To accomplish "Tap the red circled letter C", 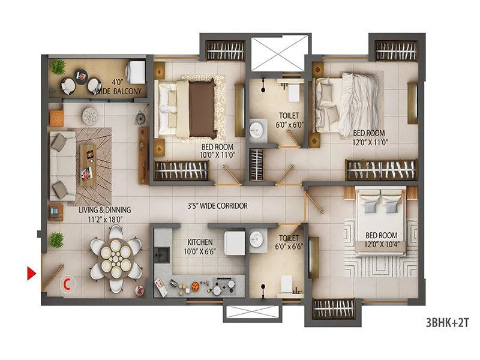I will pos(69,281).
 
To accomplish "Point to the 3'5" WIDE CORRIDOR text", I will pos(217,206).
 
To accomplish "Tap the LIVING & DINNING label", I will pos(105,215).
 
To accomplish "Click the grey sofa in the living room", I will pos(62,165).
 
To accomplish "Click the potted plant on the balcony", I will pos(58,66).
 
